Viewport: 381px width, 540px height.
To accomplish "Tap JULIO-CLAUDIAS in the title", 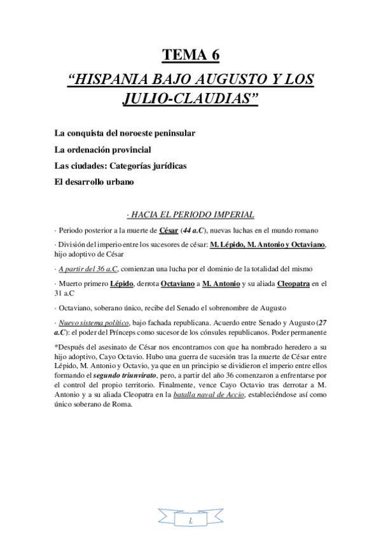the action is point(190,101).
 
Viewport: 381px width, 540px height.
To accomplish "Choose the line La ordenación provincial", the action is point(102,151).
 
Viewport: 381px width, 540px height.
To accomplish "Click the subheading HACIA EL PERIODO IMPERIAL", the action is point(191,214).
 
